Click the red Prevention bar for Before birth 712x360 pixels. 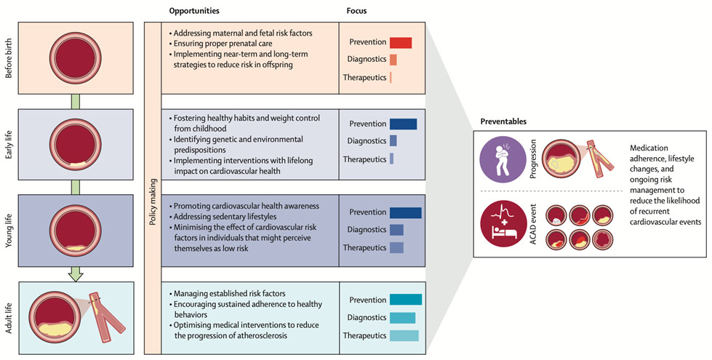coord(401,42)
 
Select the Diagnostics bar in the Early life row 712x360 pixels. coord(393,140)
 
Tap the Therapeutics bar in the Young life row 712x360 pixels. coord(396,247)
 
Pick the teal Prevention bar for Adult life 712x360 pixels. coord(405,299)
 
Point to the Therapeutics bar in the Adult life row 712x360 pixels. coord(404,335)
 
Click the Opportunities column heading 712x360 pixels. coord(194,12)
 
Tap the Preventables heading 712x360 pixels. coord(503,121)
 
